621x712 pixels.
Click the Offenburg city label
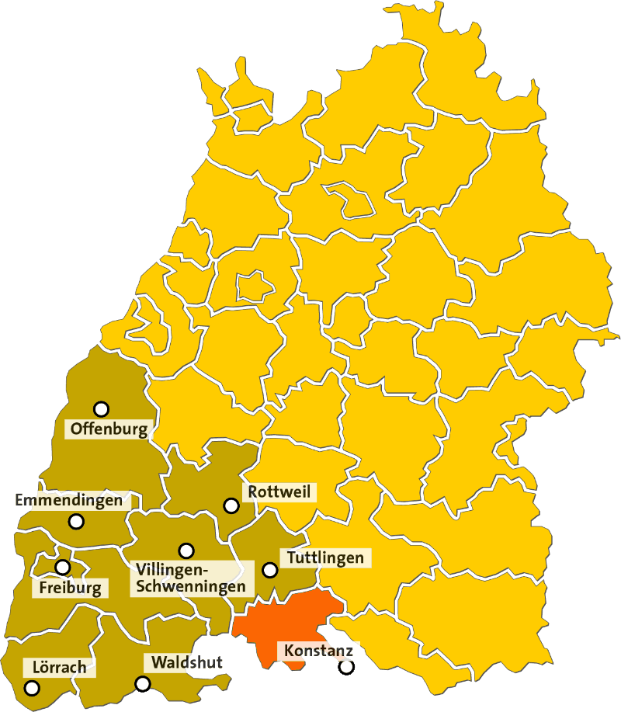point(108,429)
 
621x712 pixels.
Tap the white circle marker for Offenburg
point(101,408)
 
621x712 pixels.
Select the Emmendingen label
point(69,501)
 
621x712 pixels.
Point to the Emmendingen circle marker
point(76,522)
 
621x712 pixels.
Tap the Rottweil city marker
point(231,505)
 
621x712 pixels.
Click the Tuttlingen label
point(325,557)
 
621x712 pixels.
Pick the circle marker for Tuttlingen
point(270,570)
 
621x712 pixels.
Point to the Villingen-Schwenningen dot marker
point(186,550)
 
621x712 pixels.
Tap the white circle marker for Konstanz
point(346,666)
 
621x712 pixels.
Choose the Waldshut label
point(187,662)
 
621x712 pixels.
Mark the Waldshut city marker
point(143,684)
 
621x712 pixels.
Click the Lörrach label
point(60,667)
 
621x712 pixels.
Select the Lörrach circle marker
point(32,688)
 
